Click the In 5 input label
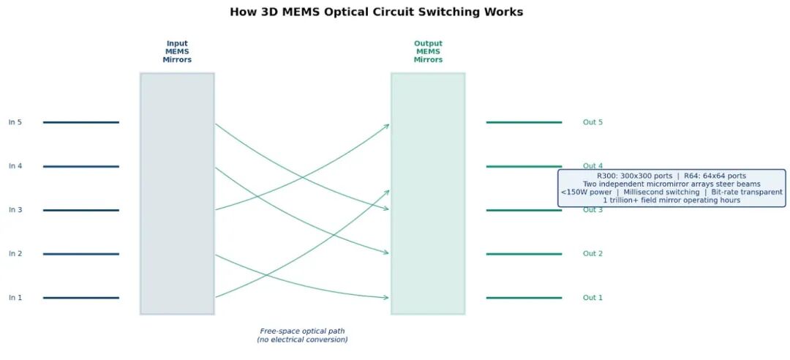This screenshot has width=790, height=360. [x=15, y=122]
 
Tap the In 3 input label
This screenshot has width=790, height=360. [x=15, y=210]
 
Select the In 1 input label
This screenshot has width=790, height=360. [x=15, y=298]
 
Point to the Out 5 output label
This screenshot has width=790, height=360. [x=592, y=122]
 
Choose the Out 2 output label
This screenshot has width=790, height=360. [x=592, y=254]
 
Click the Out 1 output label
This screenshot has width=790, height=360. [x=592, y=298]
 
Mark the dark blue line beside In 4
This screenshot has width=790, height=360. [x=80, y=167]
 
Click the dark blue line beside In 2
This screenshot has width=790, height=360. [x=80, y=254]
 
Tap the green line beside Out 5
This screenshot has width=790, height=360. [x=524, y=122]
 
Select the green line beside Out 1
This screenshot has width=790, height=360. [x=524, y=298]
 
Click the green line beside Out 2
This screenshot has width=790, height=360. [x=524, y=254]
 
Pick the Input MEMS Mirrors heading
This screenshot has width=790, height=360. [x=177, y=52]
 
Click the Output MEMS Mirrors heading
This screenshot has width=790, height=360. [x=428, y=52]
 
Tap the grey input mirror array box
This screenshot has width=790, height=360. [x=177, y=194]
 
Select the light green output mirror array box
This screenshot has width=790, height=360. [x=428, y=194]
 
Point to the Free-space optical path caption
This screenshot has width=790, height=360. [x=302, y=335]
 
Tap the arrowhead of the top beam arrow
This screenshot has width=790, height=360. [x=386, y=125]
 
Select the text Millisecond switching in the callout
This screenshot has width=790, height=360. [x=661, y=192]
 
